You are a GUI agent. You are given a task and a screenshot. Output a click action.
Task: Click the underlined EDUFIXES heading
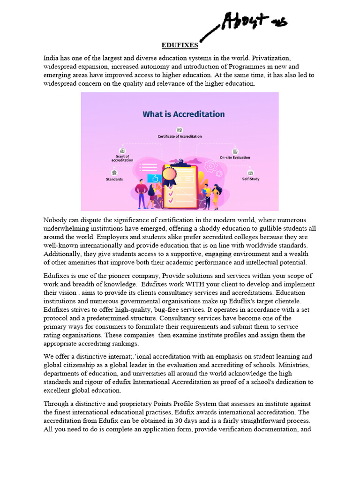coord(180,45)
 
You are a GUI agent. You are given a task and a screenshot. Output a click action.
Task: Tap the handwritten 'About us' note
coord(255,22)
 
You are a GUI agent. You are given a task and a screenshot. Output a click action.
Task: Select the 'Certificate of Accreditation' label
coord(180,136)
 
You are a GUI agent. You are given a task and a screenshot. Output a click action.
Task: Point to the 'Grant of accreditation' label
coord(122,158)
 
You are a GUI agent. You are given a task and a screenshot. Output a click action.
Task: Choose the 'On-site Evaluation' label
coord(235,158)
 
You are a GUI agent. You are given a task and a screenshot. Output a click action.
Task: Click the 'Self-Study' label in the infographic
coord(251,179)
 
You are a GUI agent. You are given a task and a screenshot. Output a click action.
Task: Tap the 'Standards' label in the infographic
coord(114,179)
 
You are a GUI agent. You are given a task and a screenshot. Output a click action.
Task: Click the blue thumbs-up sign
coord(153,178)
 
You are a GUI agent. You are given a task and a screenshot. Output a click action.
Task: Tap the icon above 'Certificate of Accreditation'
coord(180,130)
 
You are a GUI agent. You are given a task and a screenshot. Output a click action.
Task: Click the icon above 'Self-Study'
coord(251,172)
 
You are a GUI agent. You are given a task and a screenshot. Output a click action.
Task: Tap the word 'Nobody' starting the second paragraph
coord(55,220)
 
